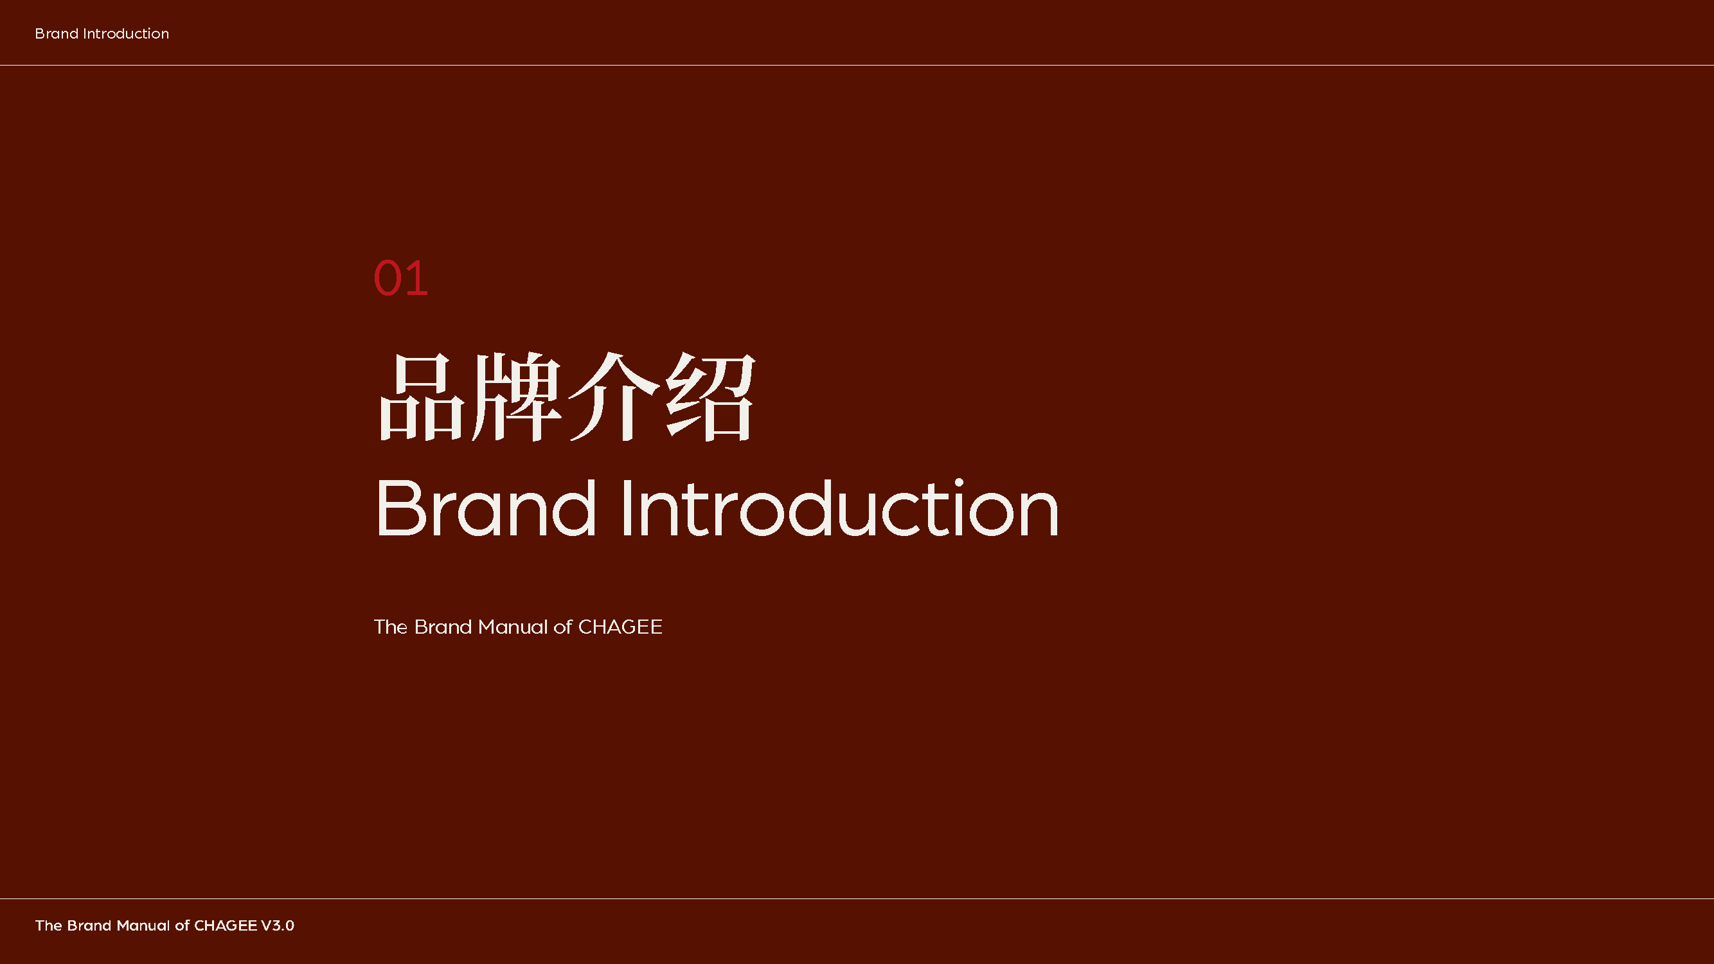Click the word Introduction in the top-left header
coord(126,33)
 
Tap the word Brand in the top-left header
coord(57,33)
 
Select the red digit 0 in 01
coord(388,278)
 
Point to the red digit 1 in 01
coord(417,278)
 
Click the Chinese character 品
coord(421,397)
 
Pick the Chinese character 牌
coord(515,397)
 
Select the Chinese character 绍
coord(711,397)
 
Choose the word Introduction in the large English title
coord(840,508)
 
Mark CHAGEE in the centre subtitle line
coord(620,627)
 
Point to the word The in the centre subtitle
coord(391,627)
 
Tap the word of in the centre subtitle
coord(563,627)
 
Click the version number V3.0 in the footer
coord(278,925)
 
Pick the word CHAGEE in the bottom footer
coord(226,925)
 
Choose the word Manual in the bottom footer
coord(144,925)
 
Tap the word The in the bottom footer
coord(49,925)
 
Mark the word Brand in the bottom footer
coord(89,925)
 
